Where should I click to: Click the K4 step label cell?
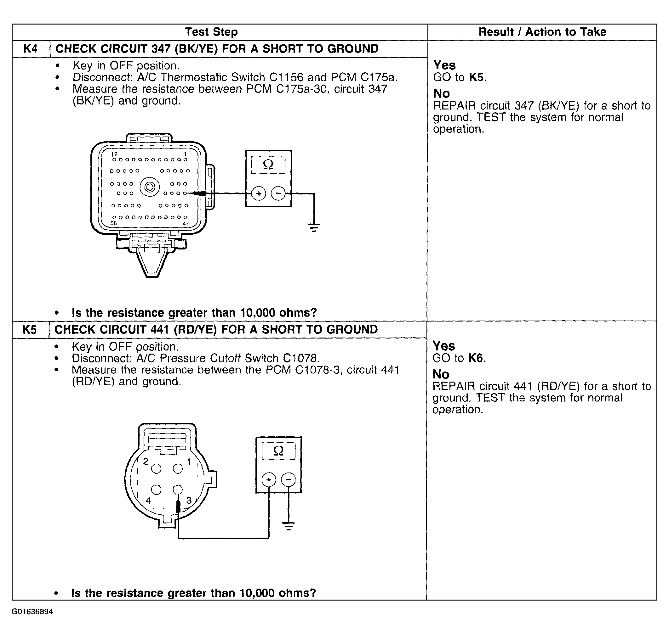30,49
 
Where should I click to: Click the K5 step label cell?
30,330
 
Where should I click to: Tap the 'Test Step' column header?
211,32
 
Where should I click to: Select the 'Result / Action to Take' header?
542,32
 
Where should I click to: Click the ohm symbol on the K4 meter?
268,165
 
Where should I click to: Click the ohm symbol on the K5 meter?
278,451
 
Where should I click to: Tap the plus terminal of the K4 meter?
259,194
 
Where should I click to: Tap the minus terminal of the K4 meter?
278,194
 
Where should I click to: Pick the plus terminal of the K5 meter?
269,480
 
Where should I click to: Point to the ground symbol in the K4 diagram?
314,227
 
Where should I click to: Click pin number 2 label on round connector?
146,461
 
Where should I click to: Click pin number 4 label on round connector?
148,501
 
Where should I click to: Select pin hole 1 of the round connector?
178,469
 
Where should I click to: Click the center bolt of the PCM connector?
150,187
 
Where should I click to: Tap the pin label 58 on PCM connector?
114,223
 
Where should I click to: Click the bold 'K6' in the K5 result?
476,358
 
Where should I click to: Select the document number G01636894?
32,612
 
